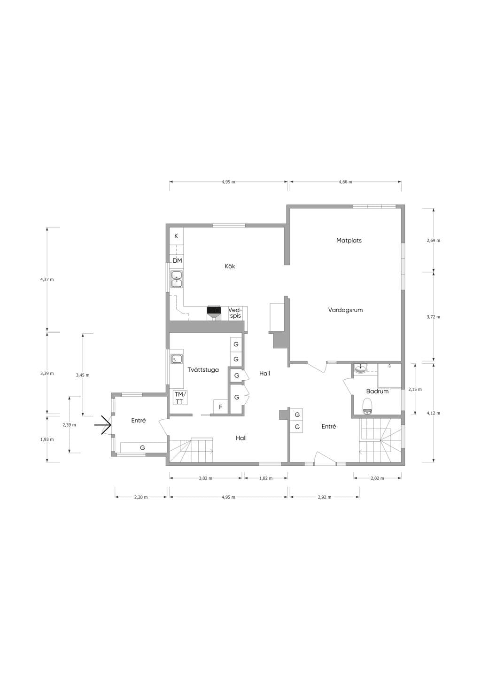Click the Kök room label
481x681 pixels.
[x=230, y=266]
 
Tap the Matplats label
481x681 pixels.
[x=349, y=240]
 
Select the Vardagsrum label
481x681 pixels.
[x=345, y=310]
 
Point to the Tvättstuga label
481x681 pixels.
[x=203, y=370]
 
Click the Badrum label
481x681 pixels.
[x=377, y=391]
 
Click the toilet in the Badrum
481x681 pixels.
[x=368, y=406]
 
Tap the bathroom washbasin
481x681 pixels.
[x=361, y=369]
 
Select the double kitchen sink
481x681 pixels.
[x=177, y=279]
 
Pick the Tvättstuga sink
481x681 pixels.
[x=176, y=359]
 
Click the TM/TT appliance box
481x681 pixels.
[x=179, y=398]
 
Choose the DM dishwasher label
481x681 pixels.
[x=177, y=260]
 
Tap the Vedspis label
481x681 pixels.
[x=235, y=313]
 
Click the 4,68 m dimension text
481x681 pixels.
[x=345, y=182]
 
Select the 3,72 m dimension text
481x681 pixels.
[x=433, y=317]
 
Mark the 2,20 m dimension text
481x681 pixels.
[x=141, y=497]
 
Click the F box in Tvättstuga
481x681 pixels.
[x=221, y=407]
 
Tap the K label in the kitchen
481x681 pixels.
[x=176, y=236]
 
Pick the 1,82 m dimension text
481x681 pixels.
[x=266, y=478]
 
